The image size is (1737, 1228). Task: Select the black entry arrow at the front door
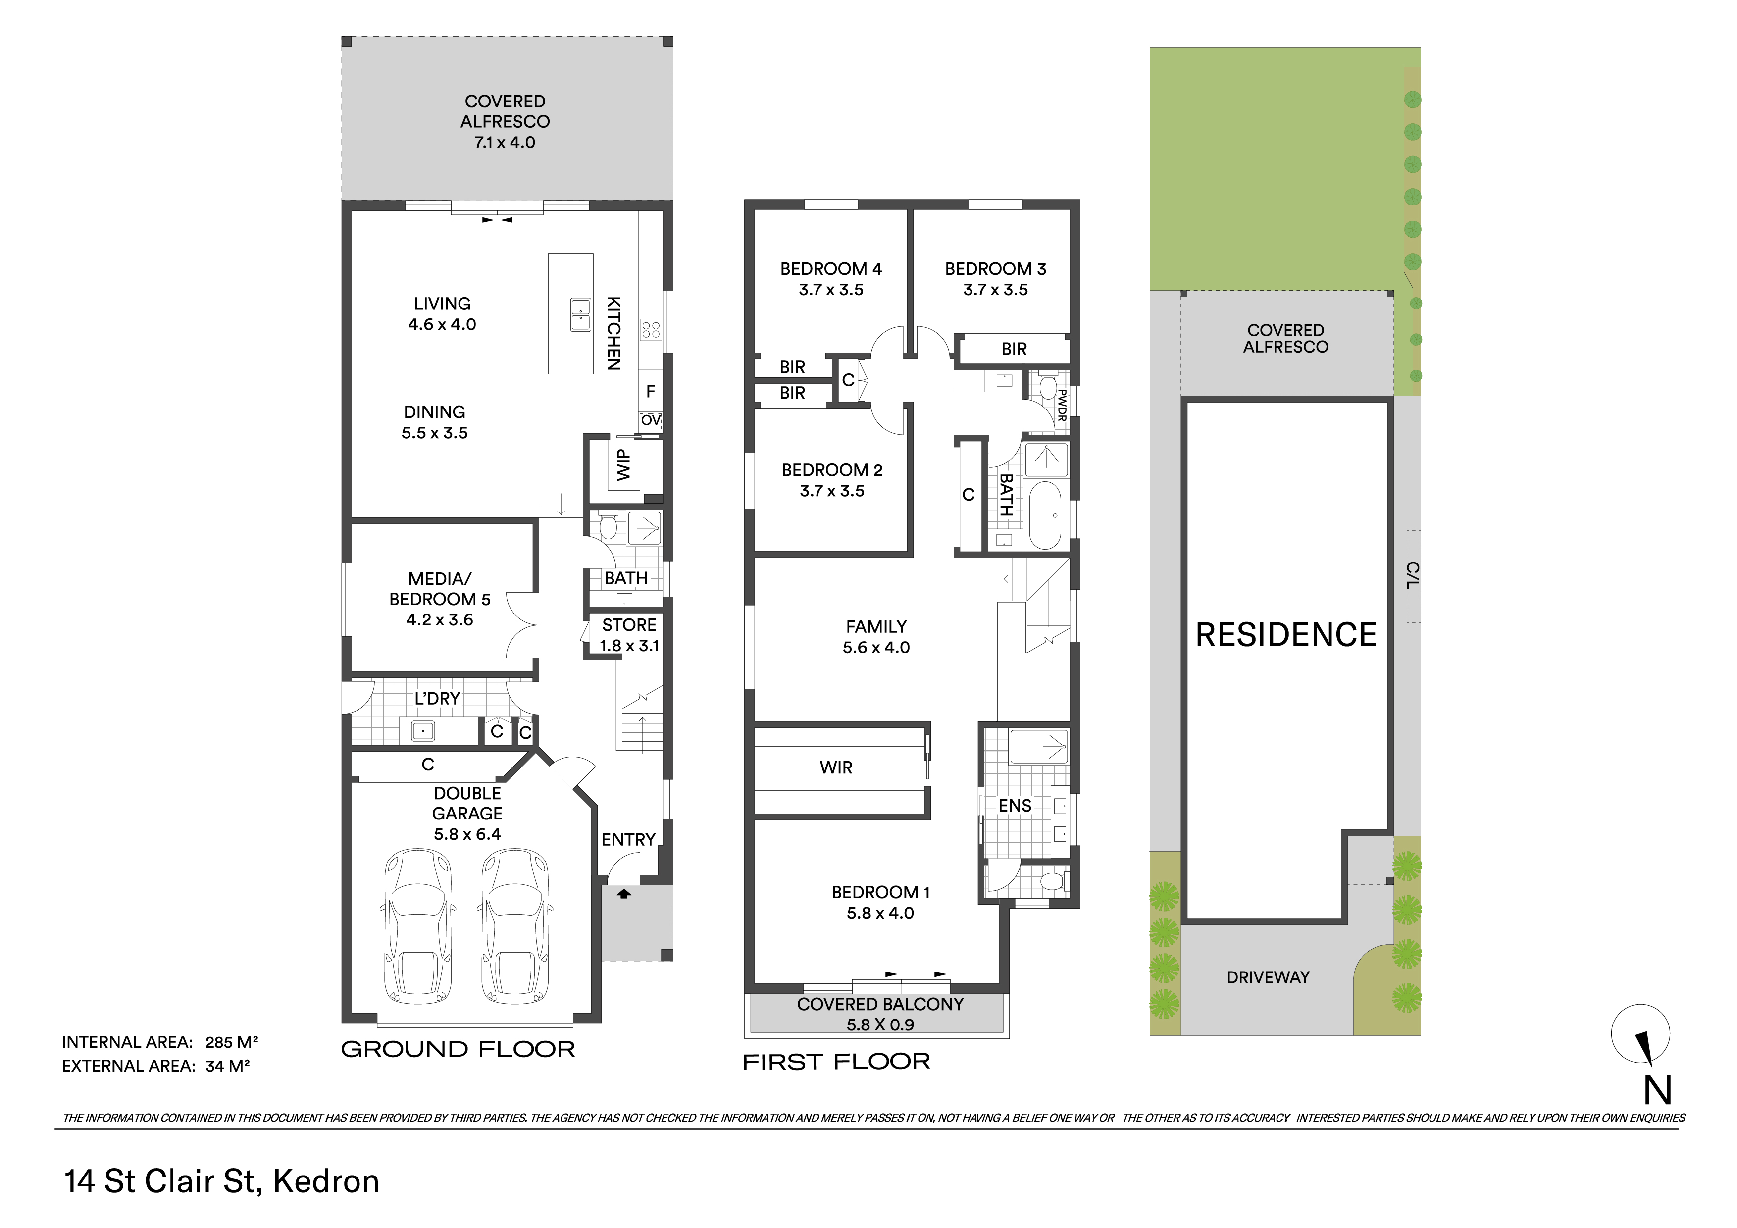pyautogui.click(x=623, y=894)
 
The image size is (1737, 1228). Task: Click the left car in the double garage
pyautogui.click(x=419, y=926)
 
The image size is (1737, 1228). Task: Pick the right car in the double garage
pyautogui.click(x=514, y=926)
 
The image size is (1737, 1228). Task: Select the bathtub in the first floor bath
pyautogui.click(x=1046, y=515)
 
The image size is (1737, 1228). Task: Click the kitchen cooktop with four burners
pyautogui.click(x=651, y=329)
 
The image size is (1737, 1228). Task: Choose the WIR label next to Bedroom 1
pyautogui.click(x=836, y=767)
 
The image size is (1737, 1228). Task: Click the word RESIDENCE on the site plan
pyautogui.click(x=1286, y=635)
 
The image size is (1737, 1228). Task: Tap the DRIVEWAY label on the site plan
pyautogui.click(x=1268, y=977)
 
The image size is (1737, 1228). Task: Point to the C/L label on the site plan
pyautogui.click(x=1413, y=576)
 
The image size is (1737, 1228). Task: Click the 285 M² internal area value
pyautogui.click(x=232, y=1042)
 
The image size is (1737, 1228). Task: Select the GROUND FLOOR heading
pyautogui.click(x=458, y=1049)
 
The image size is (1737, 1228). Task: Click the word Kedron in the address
pyautogui.click(x=326, y=1181)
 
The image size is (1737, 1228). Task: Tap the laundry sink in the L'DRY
pyautogui.click(x=422, y=731)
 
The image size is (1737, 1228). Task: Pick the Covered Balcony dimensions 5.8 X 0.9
pyautogui.click(x=880, y=1024)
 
